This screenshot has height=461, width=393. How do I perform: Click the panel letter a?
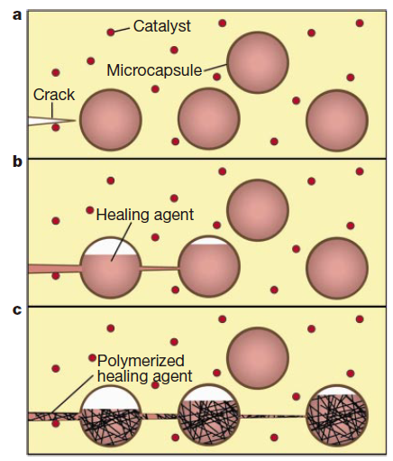(x=17, y=15)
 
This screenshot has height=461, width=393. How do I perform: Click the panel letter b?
(x=17, y=161)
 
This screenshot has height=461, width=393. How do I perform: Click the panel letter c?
(x=17, y=309)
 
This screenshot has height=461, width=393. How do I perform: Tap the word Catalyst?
(x=162, y=26)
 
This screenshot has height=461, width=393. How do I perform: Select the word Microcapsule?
(x=154, y=70)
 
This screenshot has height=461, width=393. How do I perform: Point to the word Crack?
(x=54, y=95)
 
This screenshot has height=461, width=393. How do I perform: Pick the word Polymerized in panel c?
(x=141, y=362)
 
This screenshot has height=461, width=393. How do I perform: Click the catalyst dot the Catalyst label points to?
(x=111, y=32)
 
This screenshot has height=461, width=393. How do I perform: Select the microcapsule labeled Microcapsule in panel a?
(x=258, y=62)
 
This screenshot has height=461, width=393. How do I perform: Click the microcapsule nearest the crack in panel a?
(x=110, y=119)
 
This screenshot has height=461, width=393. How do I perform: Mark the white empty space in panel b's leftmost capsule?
(x=110, y=247)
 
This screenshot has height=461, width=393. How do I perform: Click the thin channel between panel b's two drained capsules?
(x=160, y=268)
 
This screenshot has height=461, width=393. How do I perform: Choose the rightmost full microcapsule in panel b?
(x=337, y=268)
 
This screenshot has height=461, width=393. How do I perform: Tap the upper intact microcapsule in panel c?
(x=258, y=358)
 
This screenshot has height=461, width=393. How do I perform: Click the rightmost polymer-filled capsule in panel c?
(x=337, y=416)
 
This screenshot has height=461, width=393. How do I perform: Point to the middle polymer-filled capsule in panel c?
(x=209, y=416)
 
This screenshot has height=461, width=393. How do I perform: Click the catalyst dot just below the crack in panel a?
(x=56, y=127)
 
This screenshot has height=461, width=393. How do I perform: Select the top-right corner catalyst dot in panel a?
(x=360, y=23)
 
